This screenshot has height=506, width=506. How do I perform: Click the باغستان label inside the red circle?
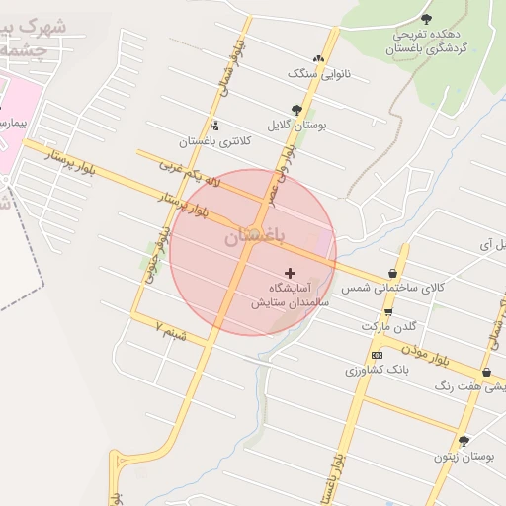(255, 237)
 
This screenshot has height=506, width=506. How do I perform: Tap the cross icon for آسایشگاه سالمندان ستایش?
(289, 272)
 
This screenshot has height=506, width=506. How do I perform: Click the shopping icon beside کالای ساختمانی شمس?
(393, 272)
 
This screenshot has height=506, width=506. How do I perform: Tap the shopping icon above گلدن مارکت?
(388, 309)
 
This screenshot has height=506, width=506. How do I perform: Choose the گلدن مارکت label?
(387, 325)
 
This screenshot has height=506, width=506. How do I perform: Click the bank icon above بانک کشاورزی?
(377, 355)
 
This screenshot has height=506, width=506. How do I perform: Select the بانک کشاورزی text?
(376, 371)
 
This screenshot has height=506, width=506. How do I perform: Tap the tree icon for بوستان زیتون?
(464, 441)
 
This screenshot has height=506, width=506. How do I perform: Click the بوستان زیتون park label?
(463, 457)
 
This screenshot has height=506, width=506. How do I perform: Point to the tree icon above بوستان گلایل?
(296, 110)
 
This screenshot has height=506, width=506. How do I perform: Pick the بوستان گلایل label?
(296, 126)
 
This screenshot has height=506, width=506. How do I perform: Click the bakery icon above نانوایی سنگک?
(317, 58)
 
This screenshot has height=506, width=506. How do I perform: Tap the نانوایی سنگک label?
(317, 73)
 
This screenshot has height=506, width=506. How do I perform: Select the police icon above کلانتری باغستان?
(214, 125)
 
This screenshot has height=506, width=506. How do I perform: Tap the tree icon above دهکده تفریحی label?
(426, 18)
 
